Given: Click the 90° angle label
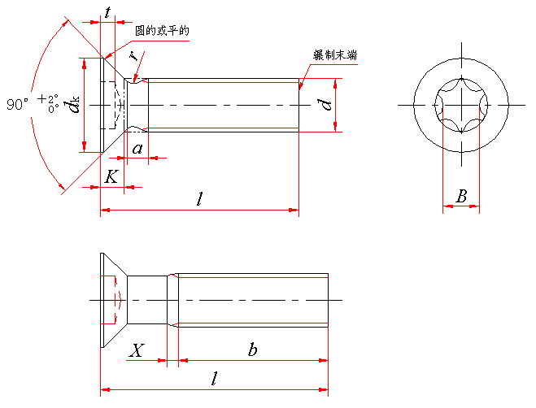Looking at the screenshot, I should (17, 105).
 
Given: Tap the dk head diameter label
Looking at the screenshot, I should (73, 105).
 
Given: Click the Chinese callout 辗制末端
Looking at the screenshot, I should (335, 55).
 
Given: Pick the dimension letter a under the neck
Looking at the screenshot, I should (137, 148).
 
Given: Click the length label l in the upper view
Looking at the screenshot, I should (199, 199).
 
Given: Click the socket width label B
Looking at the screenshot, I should (461, 196).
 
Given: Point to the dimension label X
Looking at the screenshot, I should (137, 350).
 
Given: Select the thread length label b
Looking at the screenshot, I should (253, 349).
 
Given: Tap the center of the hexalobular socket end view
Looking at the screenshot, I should (461, 105).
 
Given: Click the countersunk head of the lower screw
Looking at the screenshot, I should (112, 300).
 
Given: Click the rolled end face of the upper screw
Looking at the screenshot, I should (298, 105).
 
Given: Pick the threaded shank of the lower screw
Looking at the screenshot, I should (252, 300).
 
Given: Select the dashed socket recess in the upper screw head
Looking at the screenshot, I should (118, 105).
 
